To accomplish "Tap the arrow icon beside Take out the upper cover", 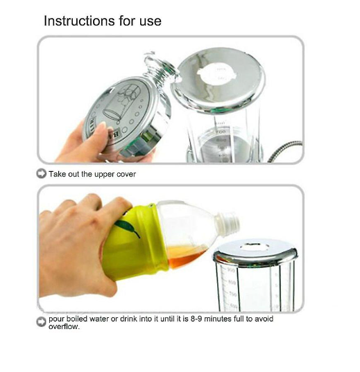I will (42, 174).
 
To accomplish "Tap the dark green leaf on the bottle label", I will (127, 228).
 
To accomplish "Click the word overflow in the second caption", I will (64, 327).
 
